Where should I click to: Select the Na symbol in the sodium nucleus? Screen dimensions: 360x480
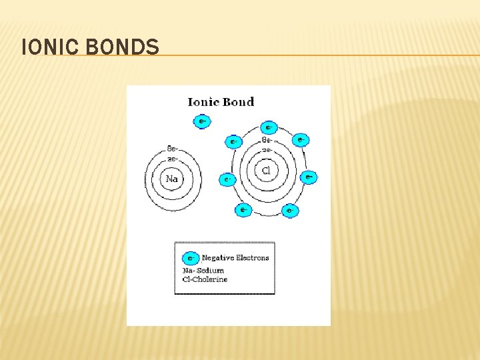tap(172, 179)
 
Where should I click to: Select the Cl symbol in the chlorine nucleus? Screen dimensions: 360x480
tap(267, 171)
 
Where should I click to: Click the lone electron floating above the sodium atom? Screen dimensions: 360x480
tap(201, 121)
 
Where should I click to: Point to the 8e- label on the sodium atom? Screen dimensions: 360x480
tap(171, 149)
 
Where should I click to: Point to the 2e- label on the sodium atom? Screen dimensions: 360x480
tap(171, 159)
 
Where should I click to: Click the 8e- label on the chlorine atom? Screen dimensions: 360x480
tap(266, 141)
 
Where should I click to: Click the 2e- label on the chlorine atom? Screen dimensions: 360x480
tap(266, 151)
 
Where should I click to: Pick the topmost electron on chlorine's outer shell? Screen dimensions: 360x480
tap(269, 127)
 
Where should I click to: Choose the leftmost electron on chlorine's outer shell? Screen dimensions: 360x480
tap(227, 179)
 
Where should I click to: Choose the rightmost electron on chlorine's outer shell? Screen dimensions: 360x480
tap(308, 177)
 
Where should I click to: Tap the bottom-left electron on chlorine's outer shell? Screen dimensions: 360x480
tap(243, 211)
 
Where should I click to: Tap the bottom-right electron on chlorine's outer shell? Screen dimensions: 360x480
tap(289, 211)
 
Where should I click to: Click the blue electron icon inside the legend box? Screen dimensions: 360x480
tap(191, 257)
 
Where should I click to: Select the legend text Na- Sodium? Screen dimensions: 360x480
tap(203, 271)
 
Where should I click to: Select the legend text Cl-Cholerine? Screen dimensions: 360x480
tap(205, 279)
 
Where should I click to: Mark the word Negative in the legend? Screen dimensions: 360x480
tap(217, 257)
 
